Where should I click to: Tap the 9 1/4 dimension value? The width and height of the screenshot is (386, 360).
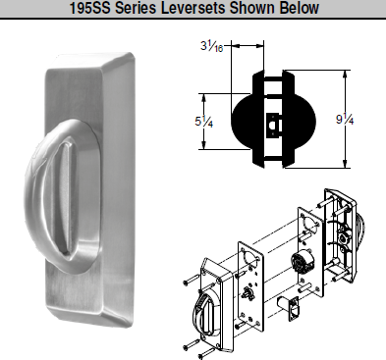coord(365,119)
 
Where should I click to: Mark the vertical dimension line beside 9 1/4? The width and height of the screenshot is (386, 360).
coord(345,119)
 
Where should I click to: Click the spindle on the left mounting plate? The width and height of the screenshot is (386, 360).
coord(247,292)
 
